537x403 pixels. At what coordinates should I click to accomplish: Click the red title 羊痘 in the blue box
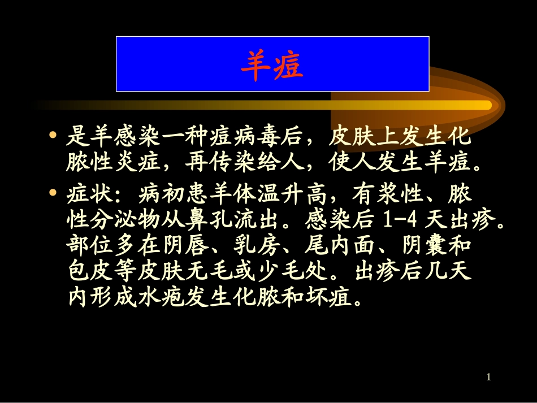[272, 64]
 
